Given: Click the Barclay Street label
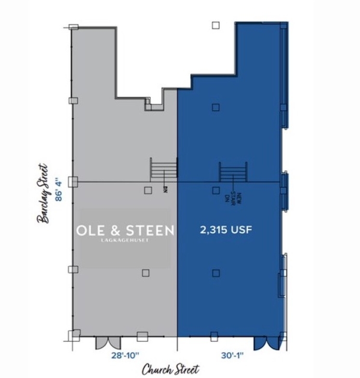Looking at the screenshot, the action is (43, 194).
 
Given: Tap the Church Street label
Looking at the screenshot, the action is (171, 369).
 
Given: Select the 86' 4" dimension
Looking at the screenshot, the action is (58, 190).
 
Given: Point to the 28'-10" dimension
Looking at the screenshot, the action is (125, 355).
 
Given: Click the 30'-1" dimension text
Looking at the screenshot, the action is (232, 355).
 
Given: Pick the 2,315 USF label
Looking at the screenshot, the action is (226, 230).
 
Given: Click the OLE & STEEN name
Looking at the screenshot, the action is (125, 230).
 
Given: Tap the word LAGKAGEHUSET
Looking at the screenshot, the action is (125, 240).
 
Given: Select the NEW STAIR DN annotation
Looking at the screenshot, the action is (233, 197).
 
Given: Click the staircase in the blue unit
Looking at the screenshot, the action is (233, 171).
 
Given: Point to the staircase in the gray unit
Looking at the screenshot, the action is (164, 168).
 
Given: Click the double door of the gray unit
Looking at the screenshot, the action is (108, 342).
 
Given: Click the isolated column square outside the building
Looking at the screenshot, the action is (216, 26).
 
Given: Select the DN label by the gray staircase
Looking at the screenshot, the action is (165, 190).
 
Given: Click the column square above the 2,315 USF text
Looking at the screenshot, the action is (216, 191).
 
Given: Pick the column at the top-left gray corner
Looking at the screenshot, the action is (73, 27).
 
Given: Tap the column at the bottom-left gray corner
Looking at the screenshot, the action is (74, 336).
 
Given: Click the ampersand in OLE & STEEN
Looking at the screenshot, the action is (116, 231).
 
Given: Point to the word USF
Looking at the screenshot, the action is (241, 230).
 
